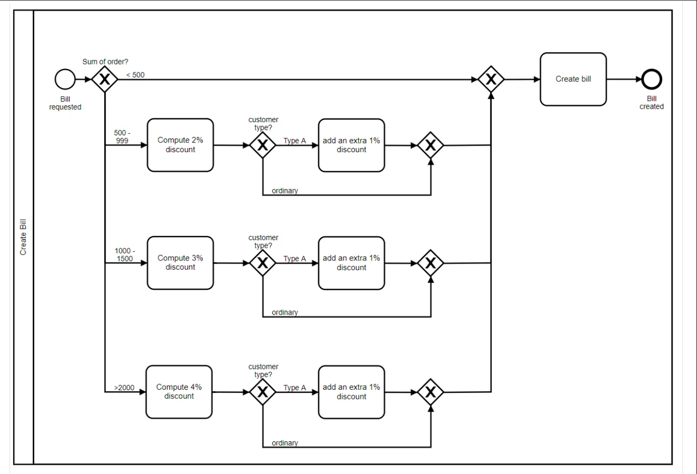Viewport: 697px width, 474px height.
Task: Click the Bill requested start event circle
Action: coord(65,79)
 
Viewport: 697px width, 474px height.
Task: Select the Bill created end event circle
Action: coord(652,79)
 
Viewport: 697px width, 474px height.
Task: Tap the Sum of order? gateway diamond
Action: coord(105,79)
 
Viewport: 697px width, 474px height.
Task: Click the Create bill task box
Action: coord(573,79)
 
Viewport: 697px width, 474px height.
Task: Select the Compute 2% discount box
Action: coord(180,145)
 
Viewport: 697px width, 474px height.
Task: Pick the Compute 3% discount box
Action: coord(180,263)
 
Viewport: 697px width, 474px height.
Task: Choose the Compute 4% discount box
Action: coord(179,392)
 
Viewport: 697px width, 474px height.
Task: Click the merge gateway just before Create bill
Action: coord(491,79)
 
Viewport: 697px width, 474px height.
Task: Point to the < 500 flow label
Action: coord(135,75)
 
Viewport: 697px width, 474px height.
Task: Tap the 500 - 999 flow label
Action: coord(122,136)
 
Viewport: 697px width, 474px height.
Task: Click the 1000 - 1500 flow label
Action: coord(125,254)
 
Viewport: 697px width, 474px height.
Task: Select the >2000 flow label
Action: coord(124,388)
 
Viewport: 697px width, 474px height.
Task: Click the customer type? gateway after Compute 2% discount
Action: coord(262,145)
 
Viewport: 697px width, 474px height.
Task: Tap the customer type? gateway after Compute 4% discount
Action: coord(262,392)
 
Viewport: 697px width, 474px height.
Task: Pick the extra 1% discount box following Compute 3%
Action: coord(351,263)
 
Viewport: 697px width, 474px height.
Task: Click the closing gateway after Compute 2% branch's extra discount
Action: coord(430,145)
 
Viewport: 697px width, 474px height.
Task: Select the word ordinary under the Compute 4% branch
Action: coord(284,443)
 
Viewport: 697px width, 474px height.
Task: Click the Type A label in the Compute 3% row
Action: coord(295,258)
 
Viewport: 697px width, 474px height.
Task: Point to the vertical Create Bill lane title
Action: coord(23,237)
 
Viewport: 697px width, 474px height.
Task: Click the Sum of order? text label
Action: coord(105,62)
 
